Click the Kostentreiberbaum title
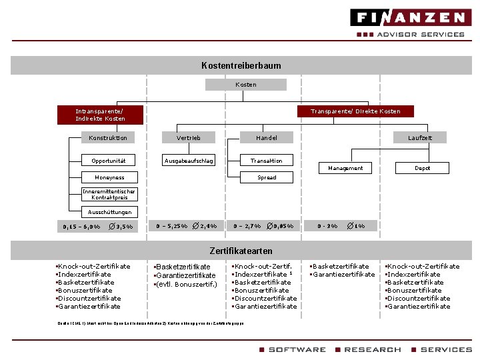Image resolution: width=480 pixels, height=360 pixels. click(241, 65)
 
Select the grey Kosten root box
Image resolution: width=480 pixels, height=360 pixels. click(245, 85)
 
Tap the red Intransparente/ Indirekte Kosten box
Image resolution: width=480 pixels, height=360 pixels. click(100, 115)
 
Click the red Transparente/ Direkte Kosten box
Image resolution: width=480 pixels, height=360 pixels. click(355, 111)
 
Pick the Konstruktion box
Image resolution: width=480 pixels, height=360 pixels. click(108, 138)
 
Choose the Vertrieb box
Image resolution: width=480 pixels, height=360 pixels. click(188, 138)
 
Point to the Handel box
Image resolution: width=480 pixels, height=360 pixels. click(266, 138)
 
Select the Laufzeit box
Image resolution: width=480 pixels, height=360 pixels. click(420, 138)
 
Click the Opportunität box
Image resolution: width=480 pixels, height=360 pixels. click(108, 161)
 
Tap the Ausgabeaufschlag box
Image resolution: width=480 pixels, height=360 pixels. click(189, 161)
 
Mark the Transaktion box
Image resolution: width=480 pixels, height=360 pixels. click(266, 161)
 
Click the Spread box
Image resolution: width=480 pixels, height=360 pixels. click(267, 177)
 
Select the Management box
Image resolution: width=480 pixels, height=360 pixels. click(345, 168)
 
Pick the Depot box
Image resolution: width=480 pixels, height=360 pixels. click(422, 168)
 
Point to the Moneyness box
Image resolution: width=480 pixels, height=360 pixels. click(109, 177)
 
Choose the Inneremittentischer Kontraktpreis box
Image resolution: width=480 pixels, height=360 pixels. click(109, 195)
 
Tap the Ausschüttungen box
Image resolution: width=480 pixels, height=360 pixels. click(109, 212)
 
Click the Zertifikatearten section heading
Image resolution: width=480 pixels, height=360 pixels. click(241, 251)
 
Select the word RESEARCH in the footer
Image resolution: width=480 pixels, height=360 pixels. click(372, 349)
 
